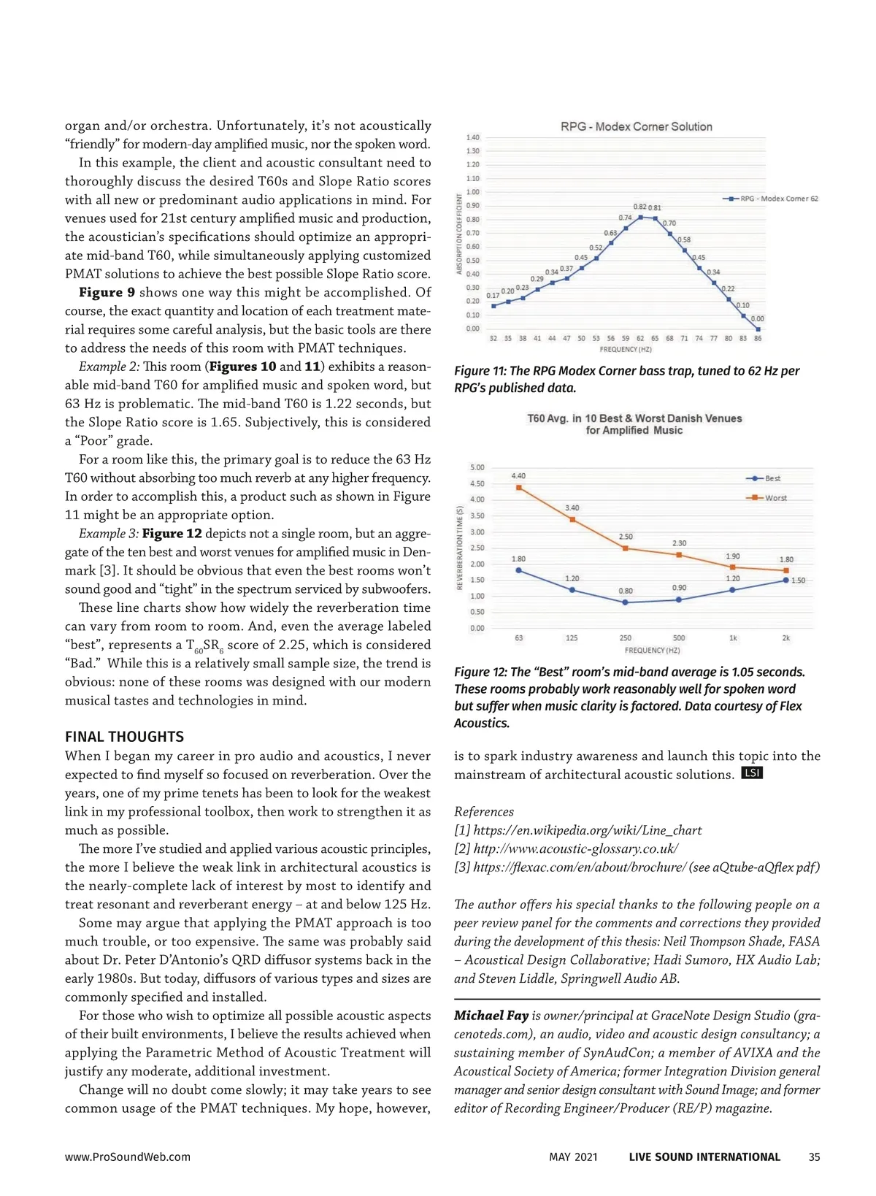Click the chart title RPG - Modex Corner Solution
click(x=636, y=126)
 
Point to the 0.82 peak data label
click(x=639, y=207)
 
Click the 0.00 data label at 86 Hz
click(x=758, y=318)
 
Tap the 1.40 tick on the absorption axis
click(x=473, y=137)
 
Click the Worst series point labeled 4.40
click(x=519, y=488)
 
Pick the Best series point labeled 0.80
click(x=626, y=602)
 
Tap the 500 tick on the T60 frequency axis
click(x=679, y=637)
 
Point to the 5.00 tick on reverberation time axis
click(x=477, y=467)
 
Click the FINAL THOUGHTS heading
click(x=124, y=737)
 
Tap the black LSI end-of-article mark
click(x=752, y=773)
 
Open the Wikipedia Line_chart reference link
click(x=587, y=830)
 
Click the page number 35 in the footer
click(x=814, y=1157)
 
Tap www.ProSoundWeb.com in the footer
click(x=127, y=1157)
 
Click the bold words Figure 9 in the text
click(x=107, y=292)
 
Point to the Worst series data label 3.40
click(x=572, y=507)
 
